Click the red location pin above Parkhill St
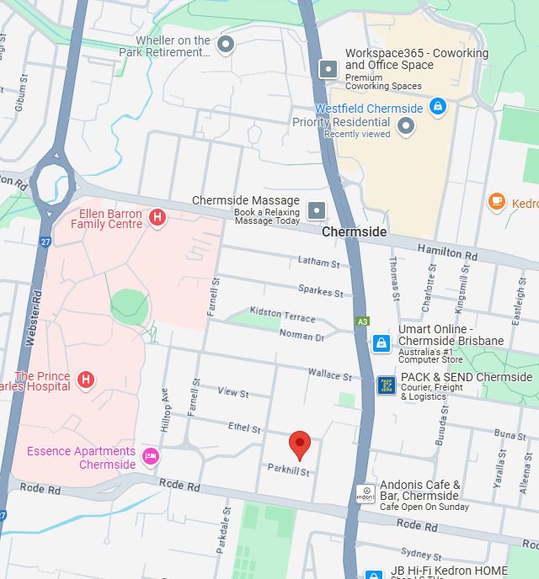pos(299,444)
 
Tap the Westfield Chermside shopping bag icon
pos(437,107)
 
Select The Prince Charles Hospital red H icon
pos(85,380)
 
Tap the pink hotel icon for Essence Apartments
pos(151,456)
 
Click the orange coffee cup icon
pos(496,201)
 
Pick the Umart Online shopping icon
pos(382,343)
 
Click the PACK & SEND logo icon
pos(386,385)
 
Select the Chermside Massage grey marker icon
pos(317,210)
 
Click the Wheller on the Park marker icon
pos(225,44)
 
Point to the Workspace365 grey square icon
pos(328,68)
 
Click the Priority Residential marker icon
pos(406,127)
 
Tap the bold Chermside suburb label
pos(355,231)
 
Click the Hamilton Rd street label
pos(452,252)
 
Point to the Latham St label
pos(318,263)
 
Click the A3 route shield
pos(362,321)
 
